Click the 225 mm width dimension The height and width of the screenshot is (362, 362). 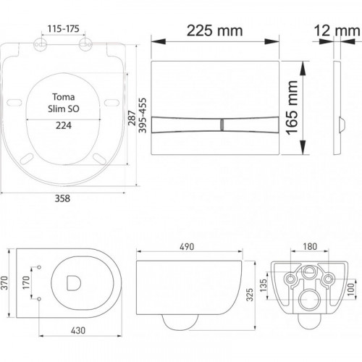pos(214,30)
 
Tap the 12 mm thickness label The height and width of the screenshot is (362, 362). pos(337,30)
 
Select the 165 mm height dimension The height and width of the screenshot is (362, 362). pos(292,108)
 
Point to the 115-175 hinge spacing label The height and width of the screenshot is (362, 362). pos(63,29)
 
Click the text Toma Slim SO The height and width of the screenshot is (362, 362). pos(64,103)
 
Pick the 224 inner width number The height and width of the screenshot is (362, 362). pos(64,125)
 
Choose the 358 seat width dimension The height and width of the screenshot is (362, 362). pos(62,198)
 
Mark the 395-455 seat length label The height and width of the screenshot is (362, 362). pos(143,115)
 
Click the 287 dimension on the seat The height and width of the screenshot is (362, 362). pos(132,118)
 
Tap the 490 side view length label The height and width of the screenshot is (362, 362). pos(187,247)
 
